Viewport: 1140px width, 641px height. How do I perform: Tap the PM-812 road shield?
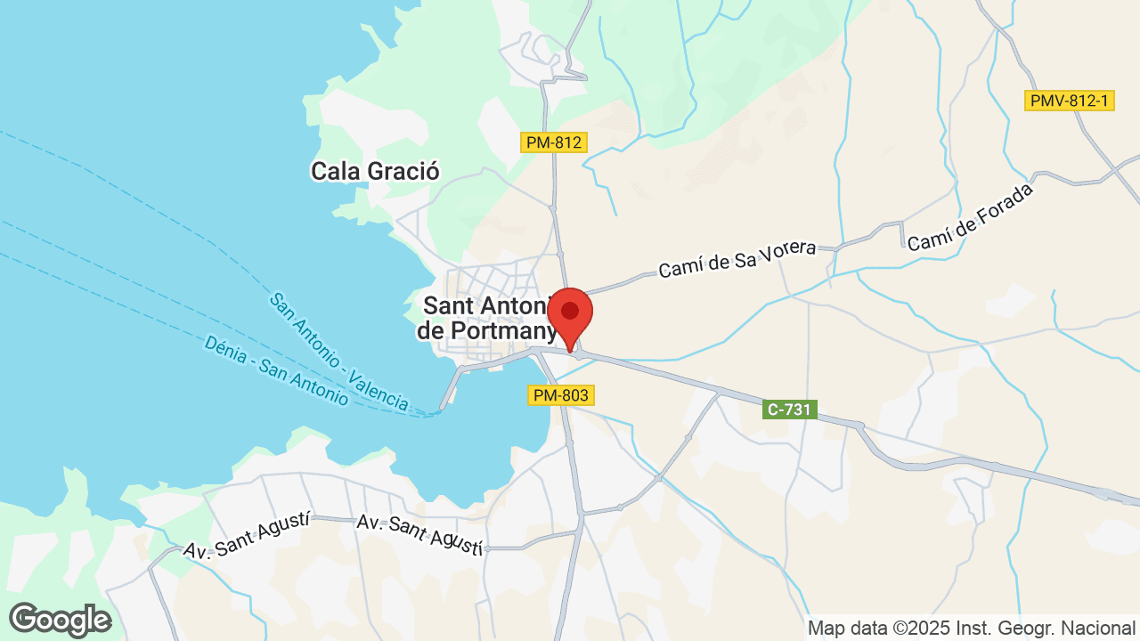tap(553, 142)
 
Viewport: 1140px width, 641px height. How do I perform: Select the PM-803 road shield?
tap(560, 394)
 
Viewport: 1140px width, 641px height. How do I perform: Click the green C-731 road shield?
tap(790, 410)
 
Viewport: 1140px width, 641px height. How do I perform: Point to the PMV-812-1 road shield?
tap(1070, 101)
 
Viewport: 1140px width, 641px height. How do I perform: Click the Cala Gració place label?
tap(375, 171)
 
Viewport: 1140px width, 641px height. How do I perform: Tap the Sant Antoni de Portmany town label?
tap(486, 318)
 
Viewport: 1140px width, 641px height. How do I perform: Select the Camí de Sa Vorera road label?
tap(737, 256)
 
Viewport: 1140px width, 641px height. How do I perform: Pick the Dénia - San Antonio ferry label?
tap(276, 370)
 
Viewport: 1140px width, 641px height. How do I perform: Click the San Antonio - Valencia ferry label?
tap(339, 352)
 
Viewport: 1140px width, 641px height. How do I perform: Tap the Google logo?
tap(60, 620)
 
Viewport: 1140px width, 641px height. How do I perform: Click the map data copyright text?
tap(971, 628)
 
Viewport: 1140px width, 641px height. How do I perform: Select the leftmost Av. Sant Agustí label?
tap(247, 535)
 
